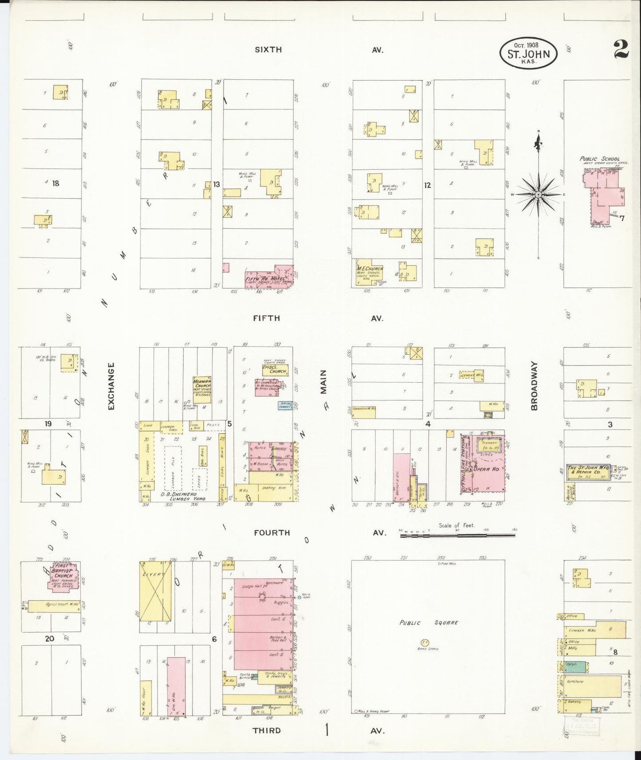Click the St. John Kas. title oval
pos(528,54)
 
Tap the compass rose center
pos(538,195)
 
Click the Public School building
pos(603,191)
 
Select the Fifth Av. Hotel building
pos(266,278)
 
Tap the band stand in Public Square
pos(425,642)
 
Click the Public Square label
pos(428,623)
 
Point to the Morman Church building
pos(202,389)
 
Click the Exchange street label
pos(111,386)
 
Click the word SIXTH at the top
pos(268,50)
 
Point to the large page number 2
pos(621,49)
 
